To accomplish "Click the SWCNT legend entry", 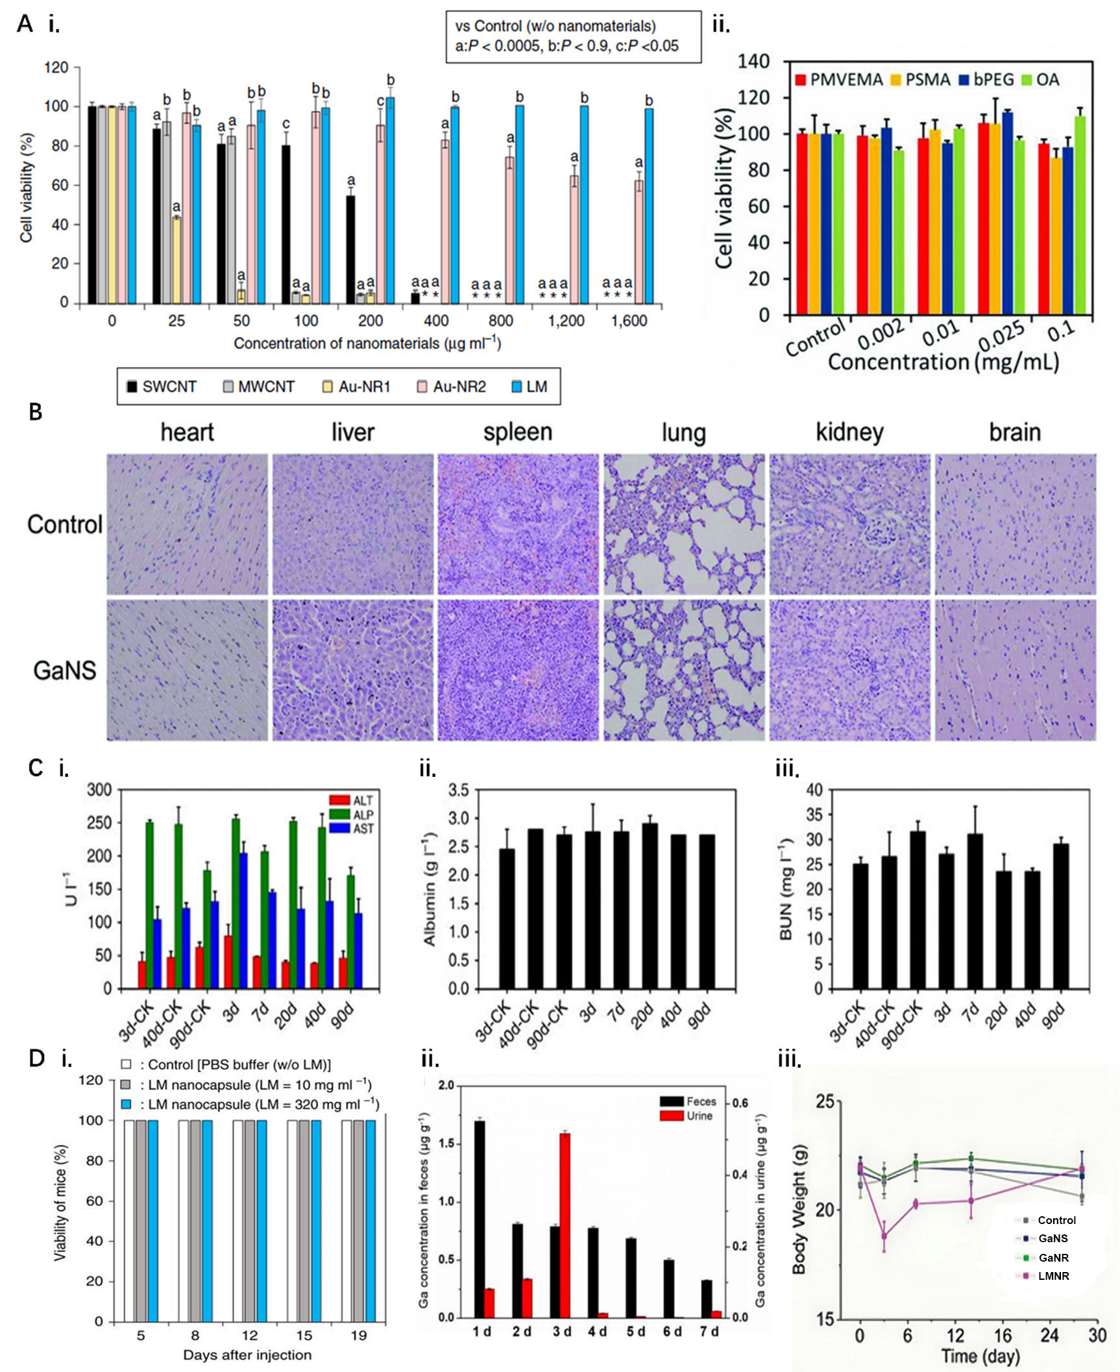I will pos(162,387).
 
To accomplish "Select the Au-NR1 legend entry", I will pos(356,387).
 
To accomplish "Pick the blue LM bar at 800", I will pos(520,204).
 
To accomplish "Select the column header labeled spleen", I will pos(517,432).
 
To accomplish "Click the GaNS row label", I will pos(64,670).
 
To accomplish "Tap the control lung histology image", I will pos(683,524).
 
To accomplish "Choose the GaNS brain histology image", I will pos(1015,670).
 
